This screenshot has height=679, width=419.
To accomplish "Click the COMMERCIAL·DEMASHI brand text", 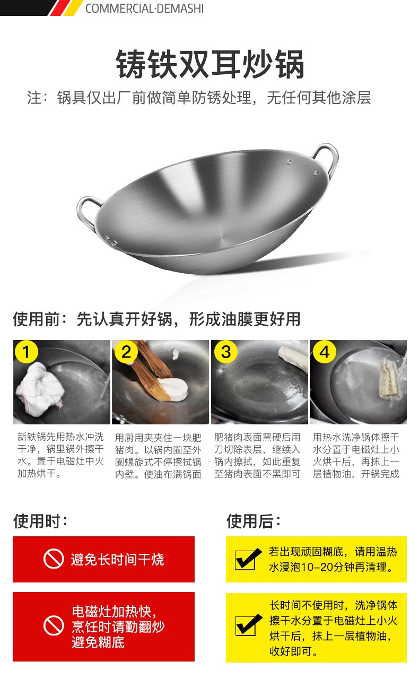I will (144, 8).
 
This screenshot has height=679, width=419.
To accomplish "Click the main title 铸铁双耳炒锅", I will (210, 65).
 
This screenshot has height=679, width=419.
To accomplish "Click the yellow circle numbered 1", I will (27, 352).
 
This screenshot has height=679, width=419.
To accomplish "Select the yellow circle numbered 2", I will (126, 352).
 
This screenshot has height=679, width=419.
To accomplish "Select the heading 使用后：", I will (254, 520).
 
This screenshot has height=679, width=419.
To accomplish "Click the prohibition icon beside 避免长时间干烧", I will (53, 559).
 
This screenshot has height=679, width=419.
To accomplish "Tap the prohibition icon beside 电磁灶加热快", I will (53, 626).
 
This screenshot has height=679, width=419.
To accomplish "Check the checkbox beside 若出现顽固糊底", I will (247, 559).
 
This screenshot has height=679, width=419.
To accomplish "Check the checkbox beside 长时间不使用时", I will (248, 626).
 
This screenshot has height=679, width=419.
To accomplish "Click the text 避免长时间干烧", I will (117, 559).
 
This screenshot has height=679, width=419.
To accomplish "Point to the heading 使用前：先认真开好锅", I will (156, 319).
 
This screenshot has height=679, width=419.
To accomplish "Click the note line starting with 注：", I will (199, 98).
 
